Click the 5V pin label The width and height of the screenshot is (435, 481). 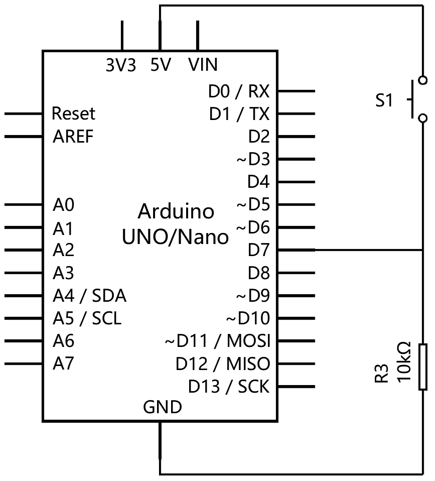tap(161, 65)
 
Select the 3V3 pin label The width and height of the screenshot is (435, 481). tap(120, 65)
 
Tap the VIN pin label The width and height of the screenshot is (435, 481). tap(203, 65)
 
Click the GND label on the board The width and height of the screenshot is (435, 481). tap(162, 407)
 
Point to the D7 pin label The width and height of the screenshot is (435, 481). tap(258, 250)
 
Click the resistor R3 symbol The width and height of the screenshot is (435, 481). tap(423, 367)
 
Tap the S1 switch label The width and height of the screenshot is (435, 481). tap(384, 101)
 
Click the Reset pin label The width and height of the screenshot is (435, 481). tap(73, 113)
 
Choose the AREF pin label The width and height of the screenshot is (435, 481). tap(73, 136)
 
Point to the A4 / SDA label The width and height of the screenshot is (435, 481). tap(89, 296)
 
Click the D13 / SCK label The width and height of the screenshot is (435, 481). tap(229, 387)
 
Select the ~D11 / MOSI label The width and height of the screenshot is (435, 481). tap(217, 341)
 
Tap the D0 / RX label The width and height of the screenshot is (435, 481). tap(239, 91)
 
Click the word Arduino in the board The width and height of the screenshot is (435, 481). tap(176, 211)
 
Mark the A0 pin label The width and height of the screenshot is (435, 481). tap(63, 205)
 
